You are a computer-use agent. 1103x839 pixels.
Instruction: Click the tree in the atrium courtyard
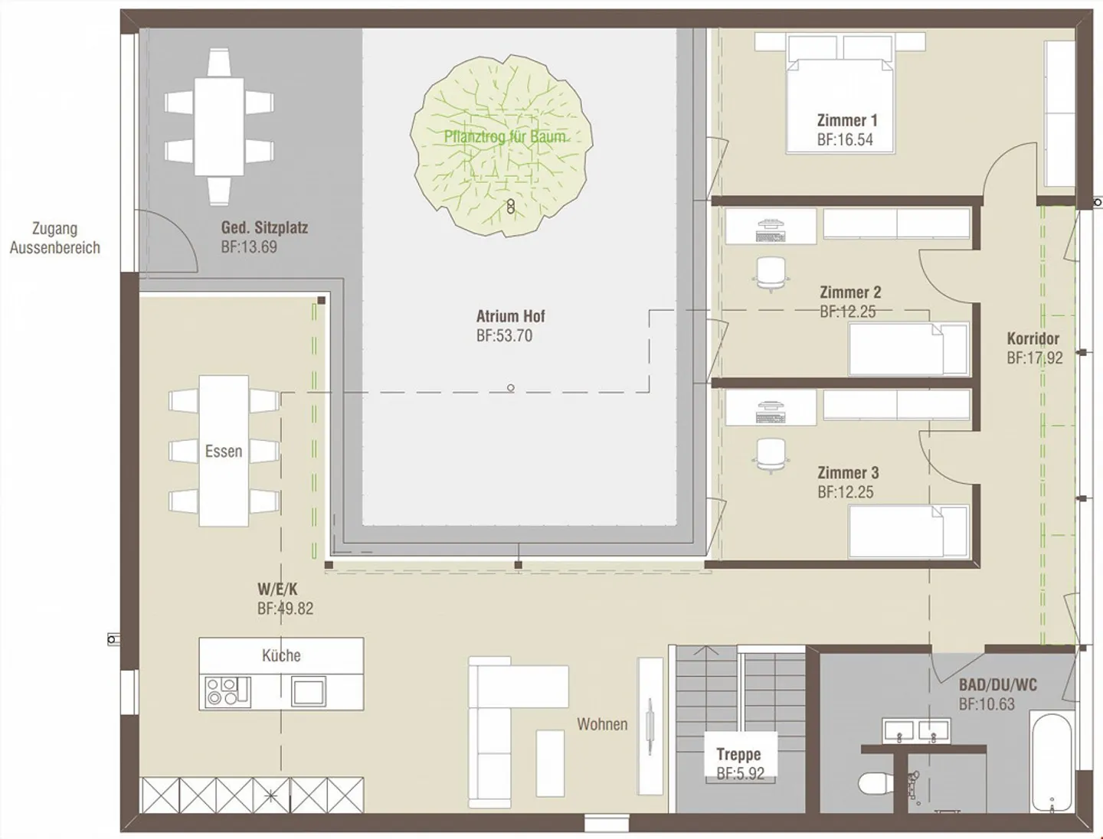point(502,145)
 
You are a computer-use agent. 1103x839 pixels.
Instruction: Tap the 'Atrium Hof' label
point(511,316)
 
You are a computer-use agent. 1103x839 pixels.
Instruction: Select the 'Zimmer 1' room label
point(847,120)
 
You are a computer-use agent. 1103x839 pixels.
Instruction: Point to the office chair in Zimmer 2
point(771,274)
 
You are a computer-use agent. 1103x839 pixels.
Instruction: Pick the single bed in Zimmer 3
point(908,531)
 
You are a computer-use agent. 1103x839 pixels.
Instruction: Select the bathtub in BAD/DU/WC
point(1052,762)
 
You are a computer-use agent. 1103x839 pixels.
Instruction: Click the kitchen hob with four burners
point(227,691)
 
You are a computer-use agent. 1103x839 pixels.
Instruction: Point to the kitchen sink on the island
point(309,691)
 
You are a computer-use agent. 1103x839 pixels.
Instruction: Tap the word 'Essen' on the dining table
point(224,451)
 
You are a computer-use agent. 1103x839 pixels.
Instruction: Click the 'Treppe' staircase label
point(738,754)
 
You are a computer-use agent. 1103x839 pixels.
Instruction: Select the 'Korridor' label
point(1033,339)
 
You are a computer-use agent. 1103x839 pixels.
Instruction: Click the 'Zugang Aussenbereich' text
point(55,238)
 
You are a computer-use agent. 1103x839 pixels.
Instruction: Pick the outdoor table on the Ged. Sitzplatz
point(219,126)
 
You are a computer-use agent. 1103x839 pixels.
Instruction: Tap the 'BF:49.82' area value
point(286,609)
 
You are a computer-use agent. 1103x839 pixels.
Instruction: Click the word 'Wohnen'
point(602,724)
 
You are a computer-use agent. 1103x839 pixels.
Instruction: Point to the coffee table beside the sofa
point(550,763)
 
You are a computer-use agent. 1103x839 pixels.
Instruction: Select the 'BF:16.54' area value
point(845,139)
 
